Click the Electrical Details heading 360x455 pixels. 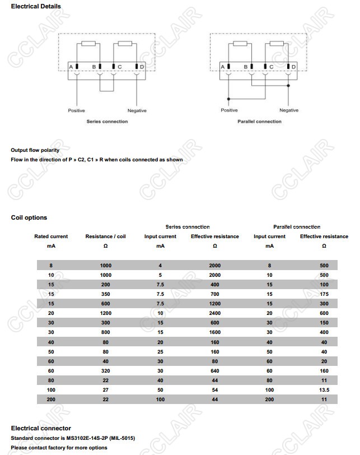point(36,6)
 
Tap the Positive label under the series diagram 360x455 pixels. point(77,110)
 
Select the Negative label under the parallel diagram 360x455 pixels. point(289,110)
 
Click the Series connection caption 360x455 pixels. point(107,122)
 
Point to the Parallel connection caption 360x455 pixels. point(259,122)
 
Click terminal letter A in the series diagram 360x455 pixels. point(71,67)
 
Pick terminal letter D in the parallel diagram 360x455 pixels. point(294,67)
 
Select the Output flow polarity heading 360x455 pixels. point(35,150)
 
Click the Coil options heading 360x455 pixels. point(29,217)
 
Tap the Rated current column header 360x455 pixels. point(51,236)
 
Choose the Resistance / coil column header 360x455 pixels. point(105,236)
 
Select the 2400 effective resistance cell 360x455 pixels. point(214,313)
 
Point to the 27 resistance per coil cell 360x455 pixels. point(105,389)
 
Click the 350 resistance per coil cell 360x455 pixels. point(105,294)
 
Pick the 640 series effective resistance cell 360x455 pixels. point(214,370)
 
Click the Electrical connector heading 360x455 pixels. point(41,429)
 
